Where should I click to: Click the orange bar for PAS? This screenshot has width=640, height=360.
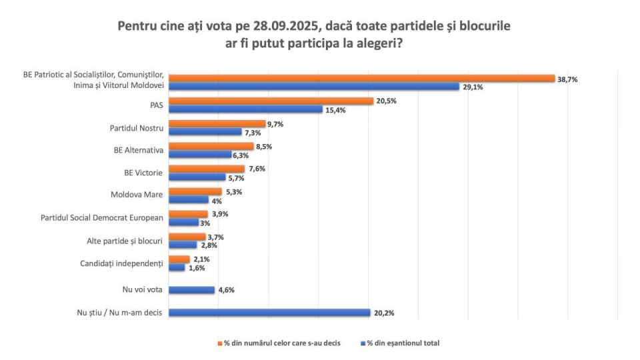pos(270,101)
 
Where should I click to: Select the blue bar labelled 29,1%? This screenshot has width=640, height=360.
pos(313,87)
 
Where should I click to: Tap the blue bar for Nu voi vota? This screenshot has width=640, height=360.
pos(191,290)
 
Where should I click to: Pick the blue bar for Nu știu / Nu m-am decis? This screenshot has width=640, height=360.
pos(269,312)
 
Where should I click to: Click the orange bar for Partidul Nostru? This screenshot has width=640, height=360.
pos(216,123)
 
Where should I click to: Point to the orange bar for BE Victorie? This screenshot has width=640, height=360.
pos(207,169)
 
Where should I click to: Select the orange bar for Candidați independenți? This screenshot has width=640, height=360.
pos(179,259)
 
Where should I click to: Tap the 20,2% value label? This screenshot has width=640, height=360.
pos(383,312)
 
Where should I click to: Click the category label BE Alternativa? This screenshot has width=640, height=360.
pos(139,151)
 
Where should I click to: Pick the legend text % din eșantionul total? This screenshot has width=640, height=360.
pos(403,343)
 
